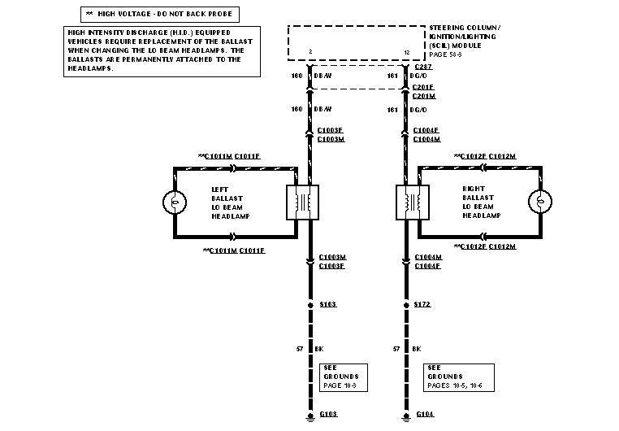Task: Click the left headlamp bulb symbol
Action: tap(174, 202)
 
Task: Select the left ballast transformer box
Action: tap(303, 202)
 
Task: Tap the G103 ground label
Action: tap(329, 414)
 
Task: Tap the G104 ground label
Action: tap(424, 414)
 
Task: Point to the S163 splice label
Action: tap(328, 304)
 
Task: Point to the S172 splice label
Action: tap(422, 304)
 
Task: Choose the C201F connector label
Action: tap(423, 86)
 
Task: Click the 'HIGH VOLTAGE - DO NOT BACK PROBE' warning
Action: tap(158, 14)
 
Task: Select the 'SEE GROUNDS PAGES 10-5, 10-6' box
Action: tap(455, 377)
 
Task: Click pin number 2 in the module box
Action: tap(311, 53)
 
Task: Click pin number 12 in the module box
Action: tap(406, 53)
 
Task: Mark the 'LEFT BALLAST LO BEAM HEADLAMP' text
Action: tap(231, 202)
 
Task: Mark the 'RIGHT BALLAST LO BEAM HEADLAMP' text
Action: tap(482, 202)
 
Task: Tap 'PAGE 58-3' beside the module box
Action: tap(445, 55)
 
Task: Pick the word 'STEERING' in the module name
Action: tap(445, 28)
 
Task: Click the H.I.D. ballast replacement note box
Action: tap(162, 50)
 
